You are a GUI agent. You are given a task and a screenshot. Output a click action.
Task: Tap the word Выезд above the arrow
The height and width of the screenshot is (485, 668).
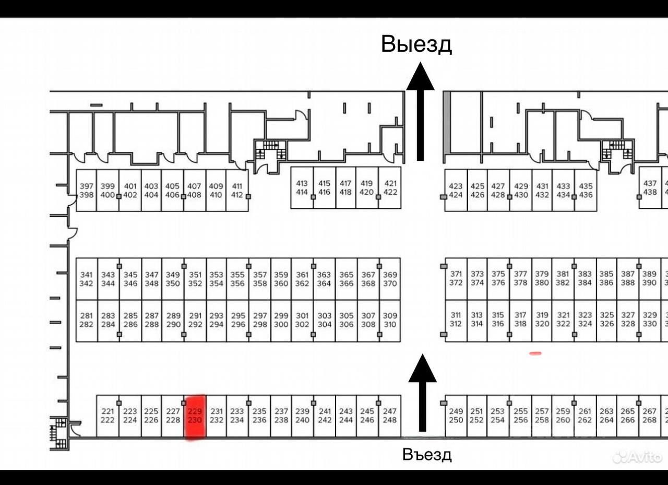pyautogui.click(x=416, y=44)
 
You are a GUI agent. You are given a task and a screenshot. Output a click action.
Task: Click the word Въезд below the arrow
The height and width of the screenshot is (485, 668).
pyautogui.click(x=427, y=455)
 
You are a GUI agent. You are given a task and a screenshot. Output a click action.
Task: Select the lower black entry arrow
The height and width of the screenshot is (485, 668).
pyautogui.click(x=422, y=392)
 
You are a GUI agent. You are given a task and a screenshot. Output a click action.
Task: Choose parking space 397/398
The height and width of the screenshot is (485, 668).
pyautogui.click(x=87, y=191)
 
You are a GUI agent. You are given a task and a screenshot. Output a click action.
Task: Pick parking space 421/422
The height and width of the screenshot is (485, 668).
pyautogui.click(x=390, y=188)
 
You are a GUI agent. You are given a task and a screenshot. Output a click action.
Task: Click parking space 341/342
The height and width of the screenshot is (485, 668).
pyautogui.click(x=87, y=279)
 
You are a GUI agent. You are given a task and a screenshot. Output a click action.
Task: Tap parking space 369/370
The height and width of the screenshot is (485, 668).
pyautogui.click(x=390, y=279)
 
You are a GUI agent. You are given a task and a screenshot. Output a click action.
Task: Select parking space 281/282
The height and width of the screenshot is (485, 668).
pyautogui.click(x=87, y=320)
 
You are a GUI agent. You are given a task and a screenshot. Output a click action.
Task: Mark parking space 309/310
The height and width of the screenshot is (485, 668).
pyautogui.click(x=390, y=320)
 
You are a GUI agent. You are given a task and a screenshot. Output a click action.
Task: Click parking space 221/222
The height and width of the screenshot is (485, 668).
pyautogui.click(x=108, y=416)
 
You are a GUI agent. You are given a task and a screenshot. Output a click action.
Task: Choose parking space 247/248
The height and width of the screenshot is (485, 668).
pyautogui.click(x=390, y=416)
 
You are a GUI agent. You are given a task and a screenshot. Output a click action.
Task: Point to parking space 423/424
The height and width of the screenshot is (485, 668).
pyautogui.click(x=456, y=191)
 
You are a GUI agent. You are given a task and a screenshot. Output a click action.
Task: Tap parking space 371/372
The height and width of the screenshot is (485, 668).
pyautogui.click(x=456, y=278)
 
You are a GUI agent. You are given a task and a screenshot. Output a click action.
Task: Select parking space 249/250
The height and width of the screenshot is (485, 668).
pyautogui.click(x=456, y=416)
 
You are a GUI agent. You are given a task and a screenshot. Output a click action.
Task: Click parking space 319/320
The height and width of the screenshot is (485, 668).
pyautogui.click(x=542, y=320)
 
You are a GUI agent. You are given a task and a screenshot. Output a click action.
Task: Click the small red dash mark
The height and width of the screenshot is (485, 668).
pyautogui.click(x=535, y=353)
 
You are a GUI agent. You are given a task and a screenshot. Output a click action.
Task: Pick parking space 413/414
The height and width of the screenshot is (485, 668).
pyautogui.click(x=302, y=188)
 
